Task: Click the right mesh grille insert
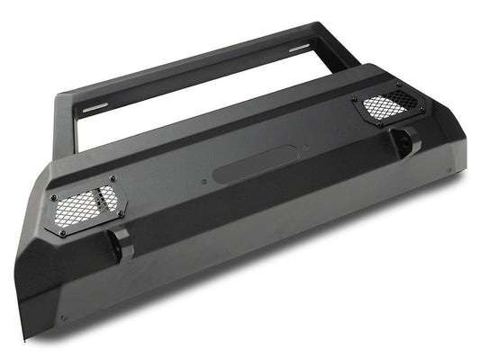[x=384, y=107]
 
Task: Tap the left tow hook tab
[x=117, y=243]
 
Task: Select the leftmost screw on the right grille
[x=353, y=99]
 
